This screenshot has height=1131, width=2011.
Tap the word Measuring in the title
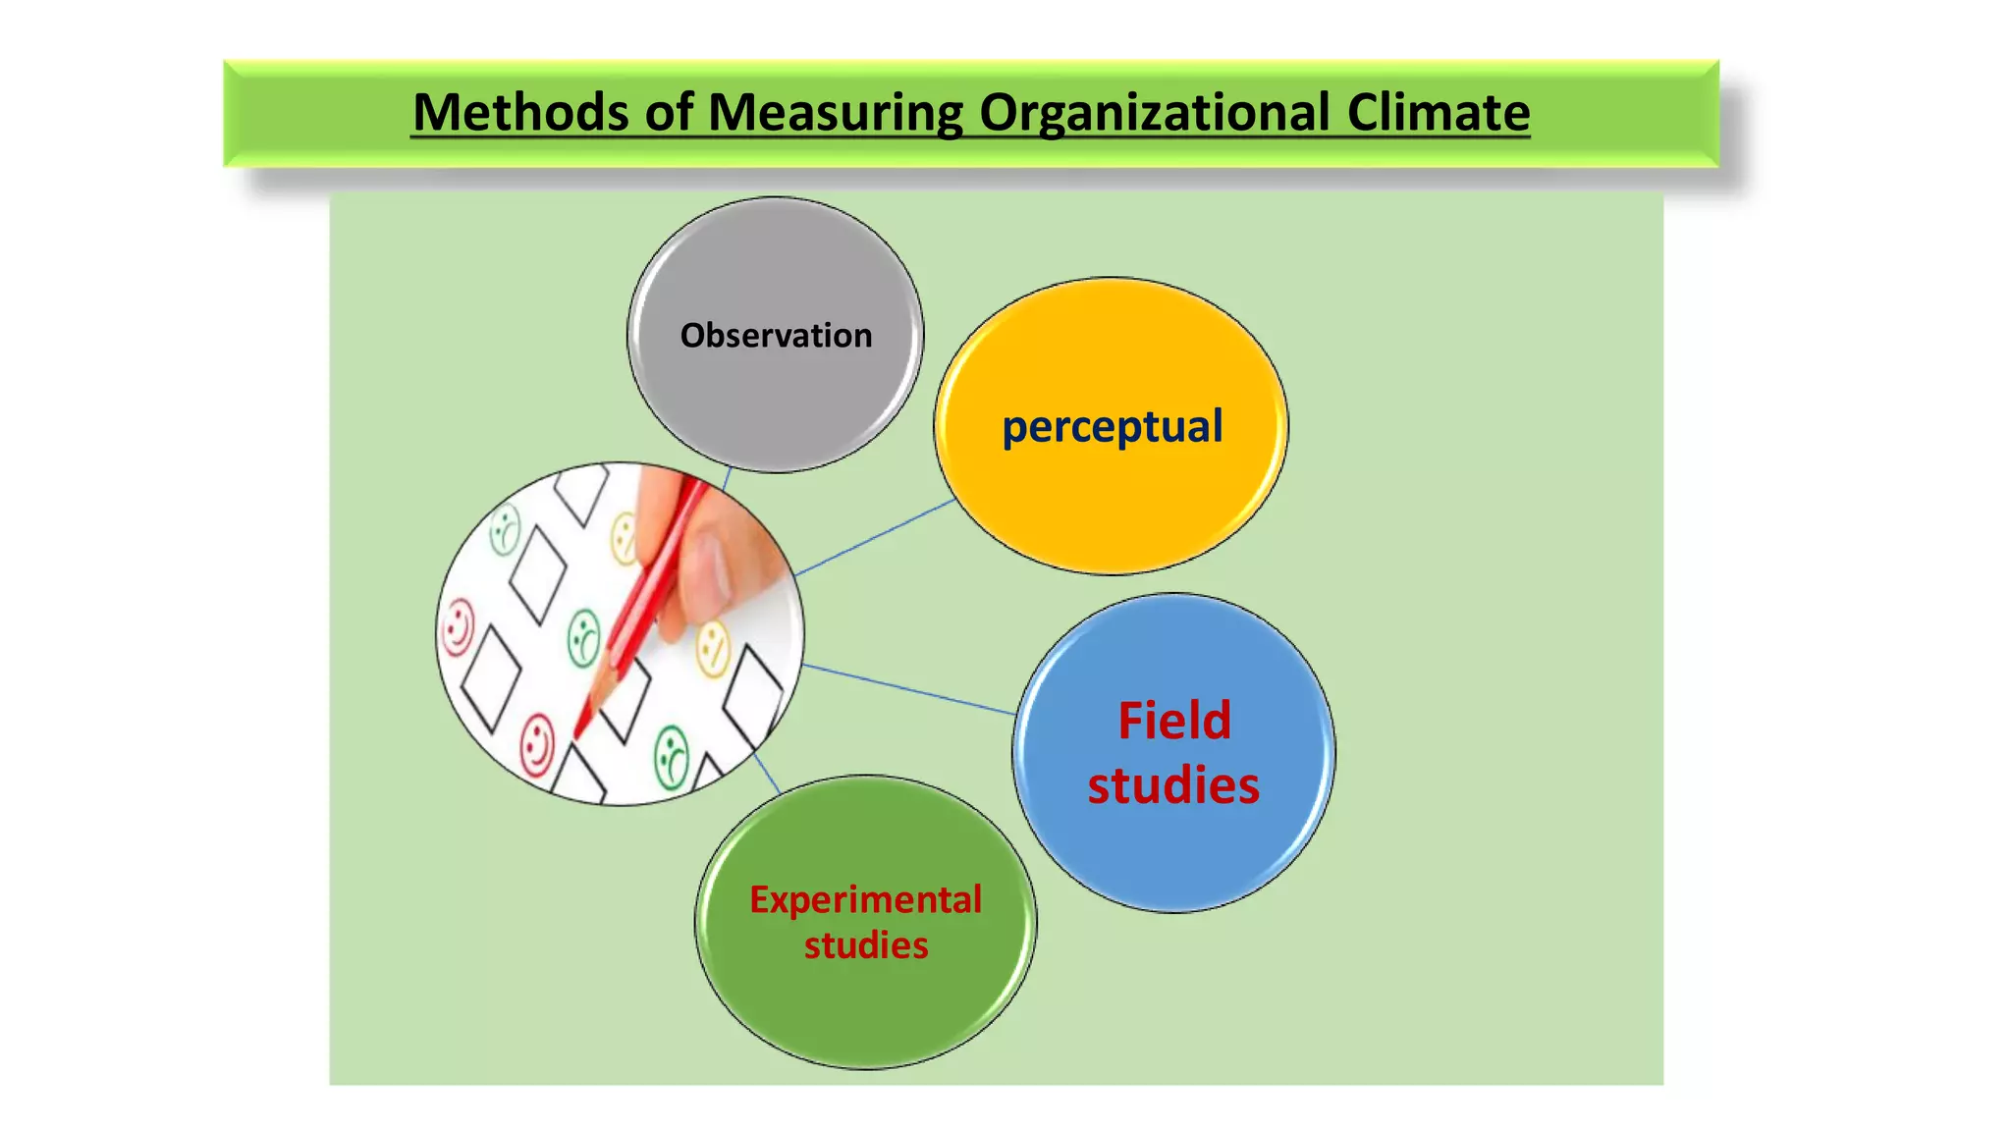835,112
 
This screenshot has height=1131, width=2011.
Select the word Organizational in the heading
1154,112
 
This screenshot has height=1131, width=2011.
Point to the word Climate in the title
1438,112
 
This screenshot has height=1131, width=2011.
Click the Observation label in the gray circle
776,336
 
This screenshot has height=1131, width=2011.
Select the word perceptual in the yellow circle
1112,426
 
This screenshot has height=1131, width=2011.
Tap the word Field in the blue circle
1174,721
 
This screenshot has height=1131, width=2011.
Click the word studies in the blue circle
1173,785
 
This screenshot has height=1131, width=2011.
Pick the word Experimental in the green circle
865,899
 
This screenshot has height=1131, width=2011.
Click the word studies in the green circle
866,945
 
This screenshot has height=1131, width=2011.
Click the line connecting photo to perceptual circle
874,537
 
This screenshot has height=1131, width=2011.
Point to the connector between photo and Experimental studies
766,773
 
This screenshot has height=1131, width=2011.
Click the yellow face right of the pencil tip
714,648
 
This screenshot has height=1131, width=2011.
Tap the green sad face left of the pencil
584,638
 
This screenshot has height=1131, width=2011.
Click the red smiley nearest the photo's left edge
458,628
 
